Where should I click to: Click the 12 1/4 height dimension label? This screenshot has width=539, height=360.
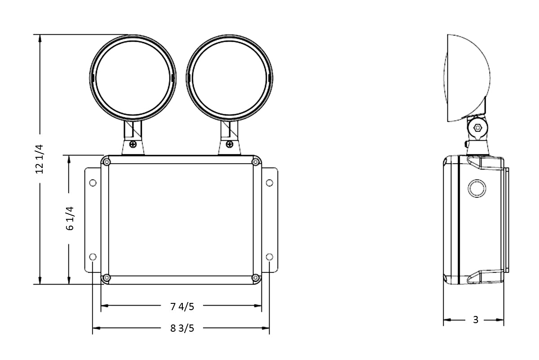39,159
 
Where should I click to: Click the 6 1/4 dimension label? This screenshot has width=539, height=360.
69,219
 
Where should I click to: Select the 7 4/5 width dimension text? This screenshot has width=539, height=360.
182,307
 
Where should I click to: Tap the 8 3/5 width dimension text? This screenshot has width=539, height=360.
182,328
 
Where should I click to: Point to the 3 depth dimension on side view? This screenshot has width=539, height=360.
476,320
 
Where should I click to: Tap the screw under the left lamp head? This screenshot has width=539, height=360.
133,144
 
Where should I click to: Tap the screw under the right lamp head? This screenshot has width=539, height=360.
230,144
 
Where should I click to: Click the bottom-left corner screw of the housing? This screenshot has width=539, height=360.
107,278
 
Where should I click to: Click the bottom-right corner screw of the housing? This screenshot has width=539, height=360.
256,278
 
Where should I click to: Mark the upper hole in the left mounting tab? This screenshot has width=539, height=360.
93,183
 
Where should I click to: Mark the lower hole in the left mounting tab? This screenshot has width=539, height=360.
93,257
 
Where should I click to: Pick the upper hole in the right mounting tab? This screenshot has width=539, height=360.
269,182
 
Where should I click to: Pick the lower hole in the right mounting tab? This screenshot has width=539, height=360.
269,257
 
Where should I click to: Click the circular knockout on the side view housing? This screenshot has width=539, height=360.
477,188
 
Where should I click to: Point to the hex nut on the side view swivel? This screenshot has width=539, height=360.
477,128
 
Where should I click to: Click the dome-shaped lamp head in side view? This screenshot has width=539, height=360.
467,76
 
